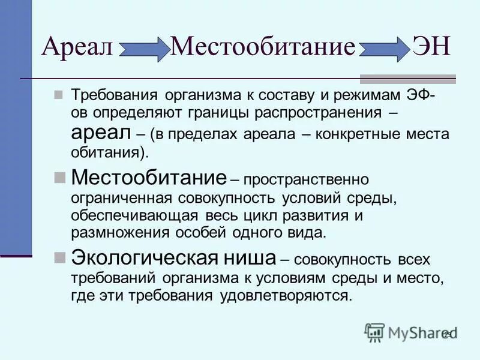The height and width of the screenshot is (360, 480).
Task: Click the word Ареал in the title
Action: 77,46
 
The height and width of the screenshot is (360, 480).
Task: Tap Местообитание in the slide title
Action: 263,46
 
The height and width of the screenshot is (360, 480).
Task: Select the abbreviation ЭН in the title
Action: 430,46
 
